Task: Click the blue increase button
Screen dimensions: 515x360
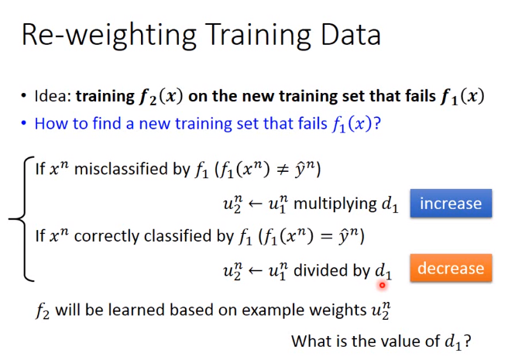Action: click(x=451, y=204)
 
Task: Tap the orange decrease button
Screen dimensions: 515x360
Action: click(x=451, y=268)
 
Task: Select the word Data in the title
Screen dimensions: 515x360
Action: click(x=351, y=35)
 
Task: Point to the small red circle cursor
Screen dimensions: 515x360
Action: click(x=382, y=285)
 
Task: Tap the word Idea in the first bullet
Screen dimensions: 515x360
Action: click(x=52, y=96)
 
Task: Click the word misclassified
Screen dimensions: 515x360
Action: click(x=132, y=169)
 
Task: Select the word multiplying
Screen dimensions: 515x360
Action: click(x=335, y=204)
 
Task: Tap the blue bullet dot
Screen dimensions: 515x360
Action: click(x=24, y=123)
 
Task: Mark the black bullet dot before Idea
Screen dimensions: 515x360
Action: click(x=24, y=96)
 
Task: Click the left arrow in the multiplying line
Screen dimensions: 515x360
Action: click(x=255, y=204)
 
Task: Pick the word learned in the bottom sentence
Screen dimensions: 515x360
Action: click(x=140, y=310)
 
